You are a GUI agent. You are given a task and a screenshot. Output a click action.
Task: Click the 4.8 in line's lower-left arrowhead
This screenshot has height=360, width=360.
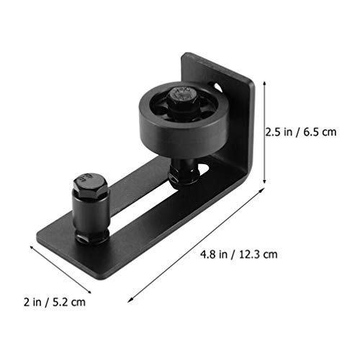click(130, 300)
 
